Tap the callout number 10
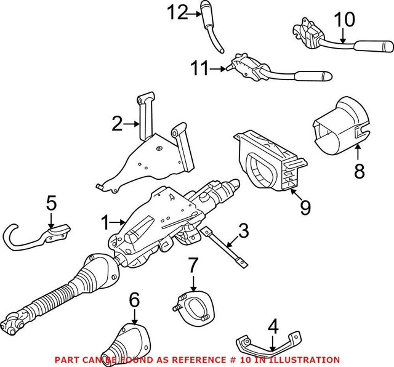pos(345,20)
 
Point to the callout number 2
pos(118,126)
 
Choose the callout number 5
pos(52,203)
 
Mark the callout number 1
pos(105,220)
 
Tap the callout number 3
pos(244,232)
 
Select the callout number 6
pos(135,301)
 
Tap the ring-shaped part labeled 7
pos(191,305)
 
